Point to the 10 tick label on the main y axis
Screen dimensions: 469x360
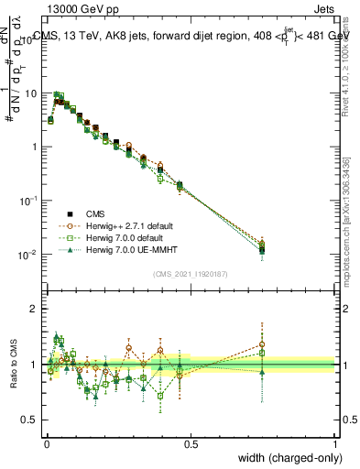pyautogui.click(x=29, y=93)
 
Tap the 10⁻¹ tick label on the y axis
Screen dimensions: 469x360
pyautogui.click(x=27, y=201)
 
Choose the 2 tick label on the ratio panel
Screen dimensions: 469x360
pyautogui.click(x=35, y=310)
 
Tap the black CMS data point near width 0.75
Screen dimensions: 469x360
pyautogui.click(x=262, y=249)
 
